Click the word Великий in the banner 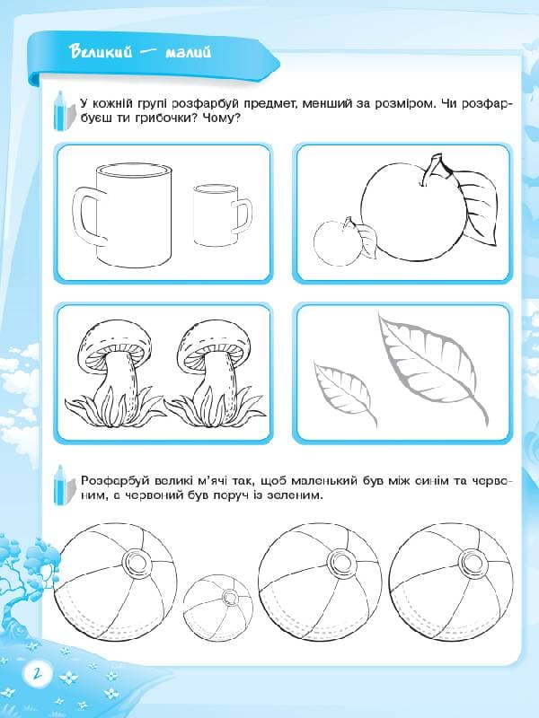coord(101,51)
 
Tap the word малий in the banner coord(188,52)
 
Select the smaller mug coord(223,215)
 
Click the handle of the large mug coord(89,214)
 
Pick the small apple coord(337,242)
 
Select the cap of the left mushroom coord(116,340)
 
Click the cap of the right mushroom coord(215,340)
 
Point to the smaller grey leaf coord(344,390)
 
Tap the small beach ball coord(218,607)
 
